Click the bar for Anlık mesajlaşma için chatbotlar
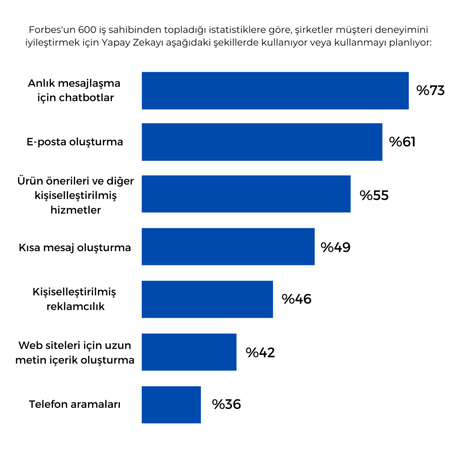pyautogui.click(x=275, y=91)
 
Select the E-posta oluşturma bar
pyautogui.click(x=262, y=142)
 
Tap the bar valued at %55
pyautogui.click(x=246, y=194)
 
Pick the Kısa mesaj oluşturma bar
pyautogui.click(x=228, y=247)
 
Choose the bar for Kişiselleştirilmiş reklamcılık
pyautogui.click(x=207, y=299)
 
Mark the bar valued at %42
pyautogui.click(x=189, y=352)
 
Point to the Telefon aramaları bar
pyautogui.click(x=171, y=404)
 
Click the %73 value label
pyautogui.click(x=431, y=91)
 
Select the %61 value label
pyautogui.click(x=402, y=142)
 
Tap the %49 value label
pyautogui.click(x=335, y=247)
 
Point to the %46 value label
pyautogui.click(x=296, y=299)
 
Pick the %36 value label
pyautogui.click(x=226, y=404)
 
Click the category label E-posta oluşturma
pyautogui.click(x=75, y=142)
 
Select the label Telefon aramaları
pyautogui.click(x=75, y=404)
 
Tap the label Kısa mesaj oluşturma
pyautogui.click(x=75, y=247)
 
